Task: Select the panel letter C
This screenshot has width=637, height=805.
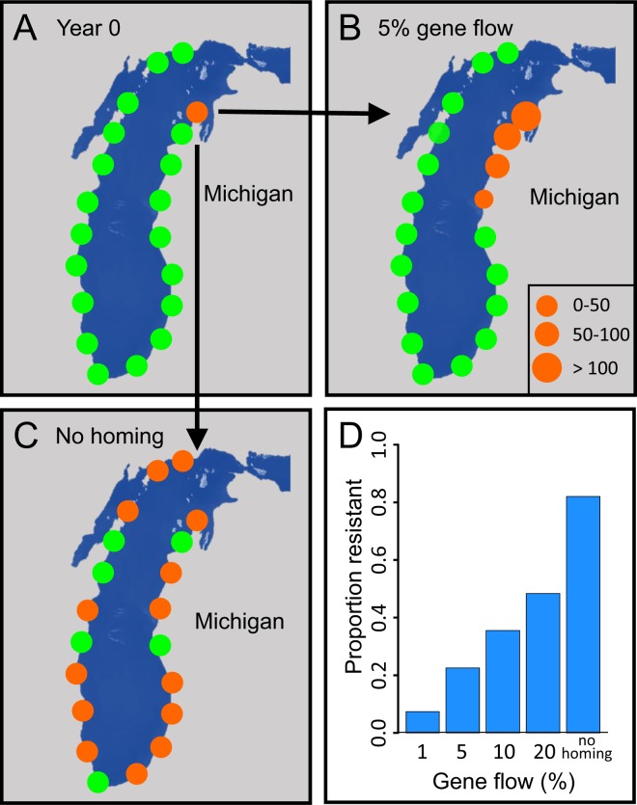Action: pos(26,437)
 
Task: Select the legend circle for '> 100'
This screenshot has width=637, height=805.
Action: pos(549,367)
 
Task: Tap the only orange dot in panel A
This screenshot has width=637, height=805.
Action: pos(196,112)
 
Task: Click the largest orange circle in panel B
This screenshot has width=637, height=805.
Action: pos(526,117)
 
